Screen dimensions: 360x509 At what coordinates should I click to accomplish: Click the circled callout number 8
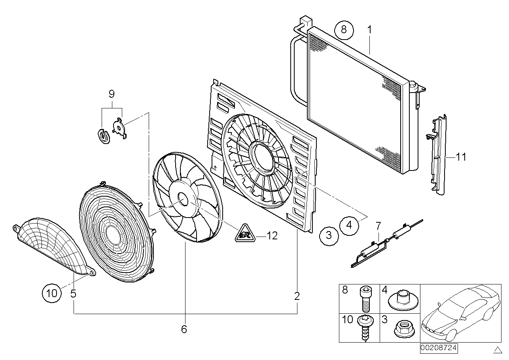343,30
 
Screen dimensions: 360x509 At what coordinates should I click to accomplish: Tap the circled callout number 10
52,293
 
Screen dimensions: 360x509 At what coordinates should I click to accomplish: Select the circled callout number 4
349,225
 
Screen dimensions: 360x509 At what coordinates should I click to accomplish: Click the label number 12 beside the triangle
272,236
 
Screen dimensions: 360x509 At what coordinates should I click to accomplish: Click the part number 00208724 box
439,349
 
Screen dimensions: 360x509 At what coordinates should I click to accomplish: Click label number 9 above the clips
111,94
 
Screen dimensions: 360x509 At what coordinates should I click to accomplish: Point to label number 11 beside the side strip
460,157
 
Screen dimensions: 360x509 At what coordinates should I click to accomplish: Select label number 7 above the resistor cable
378,226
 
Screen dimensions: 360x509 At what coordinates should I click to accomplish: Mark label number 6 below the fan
184,329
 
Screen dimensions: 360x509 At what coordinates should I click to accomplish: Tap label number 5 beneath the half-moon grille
73,294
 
